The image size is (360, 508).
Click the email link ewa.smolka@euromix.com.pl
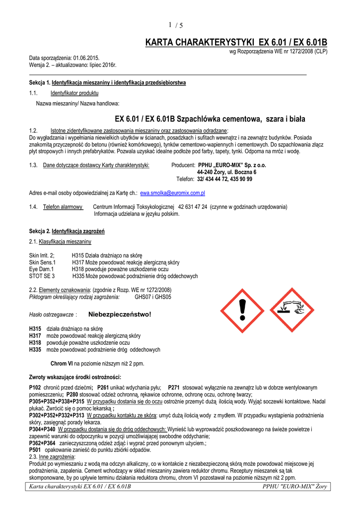pos(173,193)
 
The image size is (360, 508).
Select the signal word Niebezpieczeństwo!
pos(119,315)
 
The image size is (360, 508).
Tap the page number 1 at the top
pos(170,25)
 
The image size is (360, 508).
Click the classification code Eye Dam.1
pos(42,269)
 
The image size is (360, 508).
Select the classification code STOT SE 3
pos(42,276)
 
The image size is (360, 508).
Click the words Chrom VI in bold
pos(62,364)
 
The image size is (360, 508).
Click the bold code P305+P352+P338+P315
pos(57,401)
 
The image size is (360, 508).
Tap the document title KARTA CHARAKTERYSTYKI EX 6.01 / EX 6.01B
pos(236,43)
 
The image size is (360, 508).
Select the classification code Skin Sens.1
pos(43,262)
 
